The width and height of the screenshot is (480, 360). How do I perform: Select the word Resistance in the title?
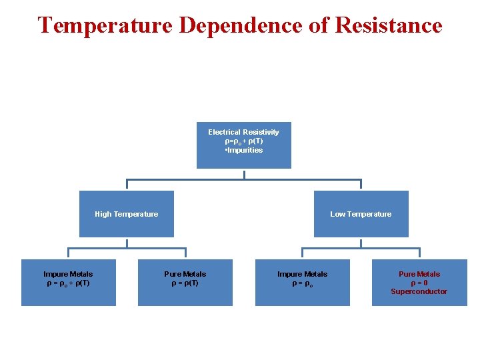(389, 25)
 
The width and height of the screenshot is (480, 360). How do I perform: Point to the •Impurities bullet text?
(244, 150)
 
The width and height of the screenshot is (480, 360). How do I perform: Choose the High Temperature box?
(127, 214)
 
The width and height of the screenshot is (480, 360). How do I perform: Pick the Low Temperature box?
(361, 214)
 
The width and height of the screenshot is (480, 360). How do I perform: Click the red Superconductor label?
(419, 291)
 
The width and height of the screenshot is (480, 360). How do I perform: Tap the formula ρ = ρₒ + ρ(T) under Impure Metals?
(68, 283)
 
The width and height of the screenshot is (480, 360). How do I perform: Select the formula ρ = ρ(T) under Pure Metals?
(185, 283)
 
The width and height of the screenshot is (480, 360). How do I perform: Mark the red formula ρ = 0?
(419, 283)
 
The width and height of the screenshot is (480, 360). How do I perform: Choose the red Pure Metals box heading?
(419, 274)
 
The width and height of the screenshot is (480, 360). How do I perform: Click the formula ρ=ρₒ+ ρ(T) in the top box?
(244, 141)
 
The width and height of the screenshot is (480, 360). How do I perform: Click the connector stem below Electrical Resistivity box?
(244, 174)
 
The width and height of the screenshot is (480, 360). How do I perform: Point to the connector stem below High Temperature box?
(127, 243)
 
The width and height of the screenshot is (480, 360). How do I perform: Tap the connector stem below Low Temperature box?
(361, 243)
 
